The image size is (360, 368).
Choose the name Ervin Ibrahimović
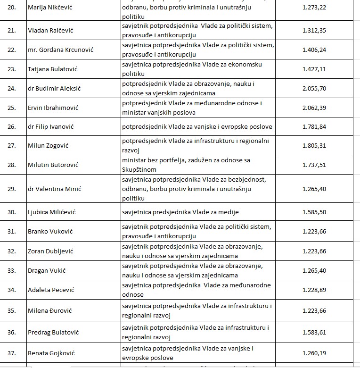click(53, 108)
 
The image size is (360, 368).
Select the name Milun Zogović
click(48, 145)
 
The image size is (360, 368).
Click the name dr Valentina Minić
click(55, 189)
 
